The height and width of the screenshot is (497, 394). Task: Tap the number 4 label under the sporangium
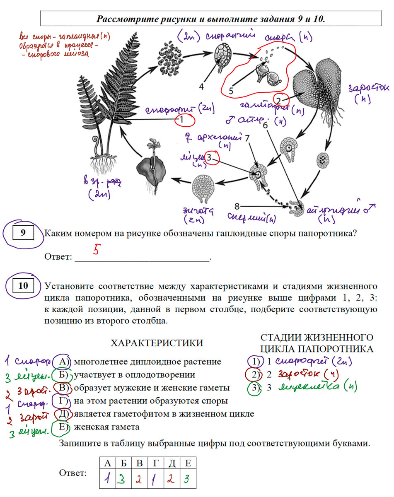point(201,86)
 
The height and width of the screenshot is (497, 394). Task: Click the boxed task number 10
point(23,285)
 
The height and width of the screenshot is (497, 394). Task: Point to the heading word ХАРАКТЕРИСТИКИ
point(157,343)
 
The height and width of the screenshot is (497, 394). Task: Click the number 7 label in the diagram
point(247,137)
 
